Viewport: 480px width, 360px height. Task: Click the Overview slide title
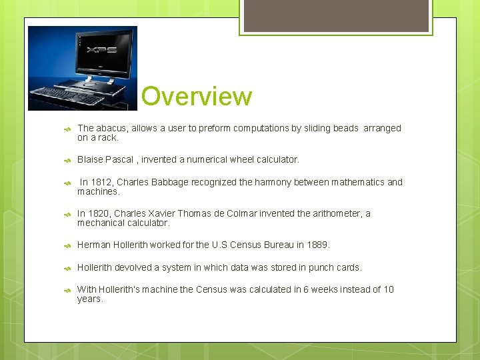pyautogui.click(x=197, y=97)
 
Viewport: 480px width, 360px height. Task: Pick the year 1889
pyautogui.click(x=318, y=245)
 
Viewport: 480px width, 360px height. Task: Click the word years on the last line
pyautogui.click(x=90, y=299)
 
